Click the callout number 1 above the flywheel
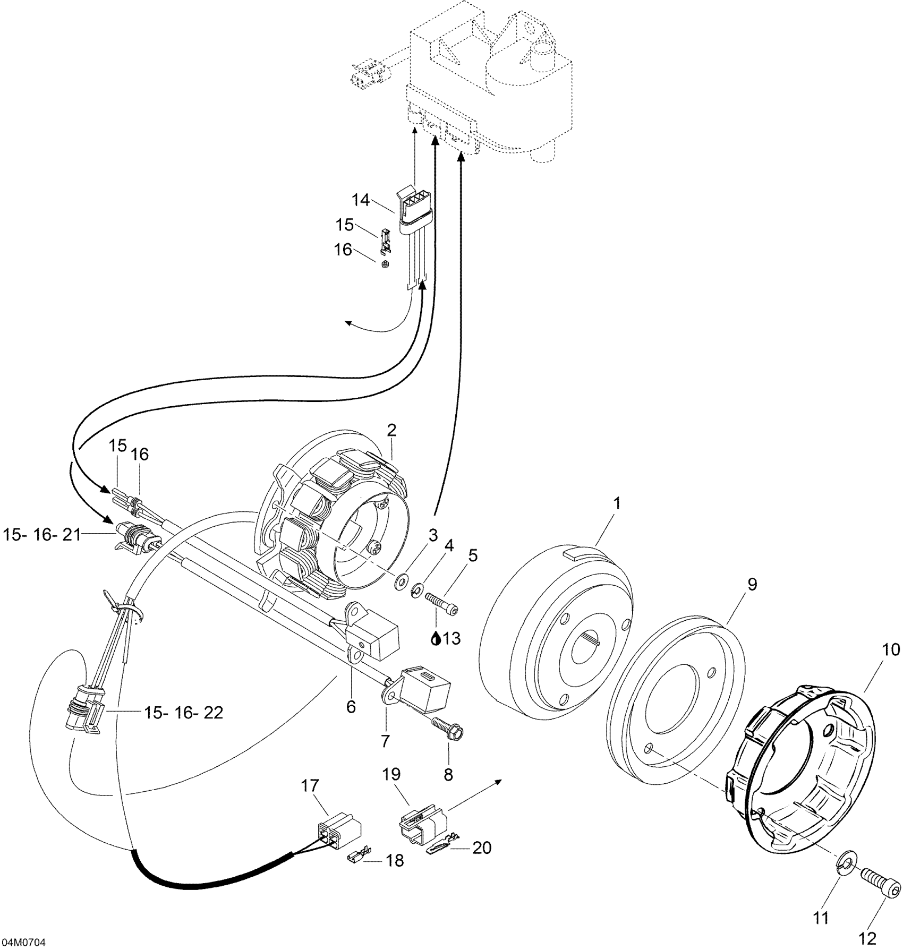616,503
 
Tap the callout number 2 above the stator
391,430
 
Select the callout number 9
752,585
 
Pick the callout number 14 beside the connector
361,201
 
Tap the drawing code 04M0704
23,943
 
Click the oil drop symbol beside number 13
436,639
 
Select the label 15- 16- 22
183,713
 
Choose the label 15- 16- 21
42,535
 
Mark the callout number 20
482,848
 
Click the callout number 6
351,707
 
